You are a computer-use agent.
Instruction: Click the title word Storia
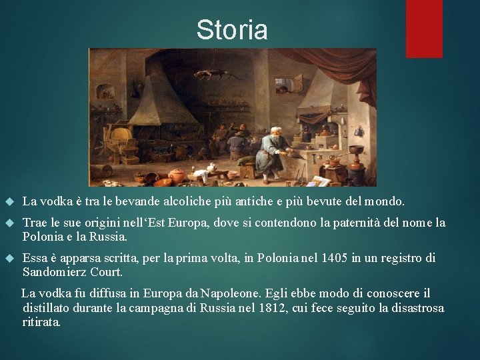232,30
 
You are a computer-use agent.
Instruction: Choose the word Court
109,272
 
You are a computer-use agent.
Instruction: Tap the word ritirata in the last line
41,322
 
